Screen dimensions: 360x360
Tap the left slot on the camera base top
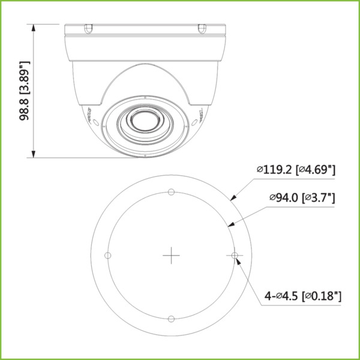point(88,28)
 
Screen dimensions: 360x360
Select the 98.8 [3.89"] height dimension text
point(25,91)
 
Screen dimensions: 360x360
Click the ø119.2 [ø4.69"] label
point(295,170)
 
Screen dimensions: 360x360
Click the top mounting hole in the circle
point(172,192)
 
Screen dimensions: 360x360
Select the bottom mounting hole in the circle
point(172,319)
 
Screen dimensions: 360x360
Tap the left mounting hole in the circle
point(108,256)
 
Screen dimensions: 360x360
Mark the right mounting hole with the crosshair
point(235,256)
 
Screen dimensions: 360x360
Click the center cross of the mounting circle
point(172,256)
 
